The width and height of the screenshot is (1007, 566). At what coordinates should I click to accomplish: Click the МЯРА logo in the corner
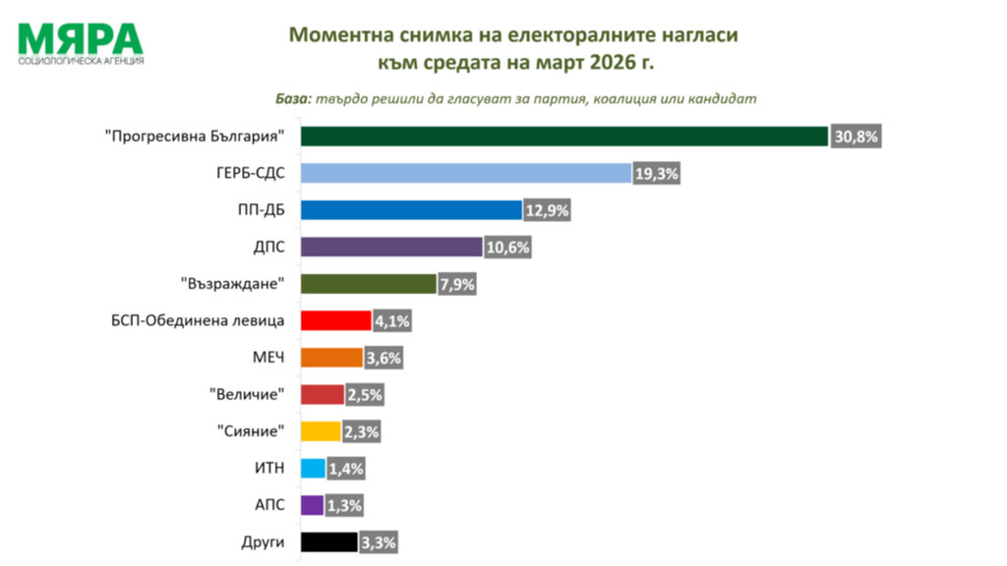[81, 42]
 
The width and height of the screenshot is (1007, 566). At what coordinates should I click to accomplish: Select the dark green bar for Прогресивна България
[564, 137]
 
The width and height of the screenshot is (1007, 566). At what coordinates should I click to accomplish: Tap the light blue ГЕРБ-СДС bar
[464, 173]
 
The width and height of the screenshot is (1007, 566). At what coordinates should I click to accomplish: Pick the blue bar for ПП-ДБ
[410, 210]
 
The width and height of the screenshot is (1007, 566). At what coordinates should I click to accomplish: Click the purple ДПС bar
[390, 247]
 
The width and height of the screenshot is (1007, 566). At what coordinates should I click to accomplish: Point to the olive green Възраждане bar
[367, 284]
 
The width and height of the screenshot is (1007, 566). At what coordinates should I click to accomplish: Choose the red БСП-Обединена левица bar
[334, 320]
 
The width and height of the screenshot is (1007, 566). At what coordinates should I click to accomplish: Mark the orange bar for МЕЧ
[330, 358]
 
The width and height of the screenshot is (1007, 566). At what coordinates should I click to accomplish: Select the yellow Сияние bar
[320, 431]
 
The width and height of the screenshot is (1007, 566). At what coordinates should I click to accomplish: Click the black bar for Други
[328, 541]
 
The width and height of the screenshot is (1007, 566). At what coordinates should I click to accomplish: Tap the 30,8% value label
[855, 137]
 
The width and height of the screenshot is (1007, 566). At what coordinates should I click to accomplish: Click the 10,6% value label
[507, 248]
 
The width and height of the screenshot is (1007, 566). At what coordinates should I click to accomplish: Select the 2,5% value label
[364, 395]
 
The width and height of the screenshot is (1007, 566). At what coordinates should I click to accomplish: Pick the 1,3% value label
[343, 505]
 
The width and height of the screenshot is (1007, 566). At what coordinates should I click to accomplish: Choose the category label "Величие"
[248, 395]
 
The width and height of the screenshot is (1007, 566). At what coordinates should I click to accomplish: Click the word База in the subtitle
[291, 98]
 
